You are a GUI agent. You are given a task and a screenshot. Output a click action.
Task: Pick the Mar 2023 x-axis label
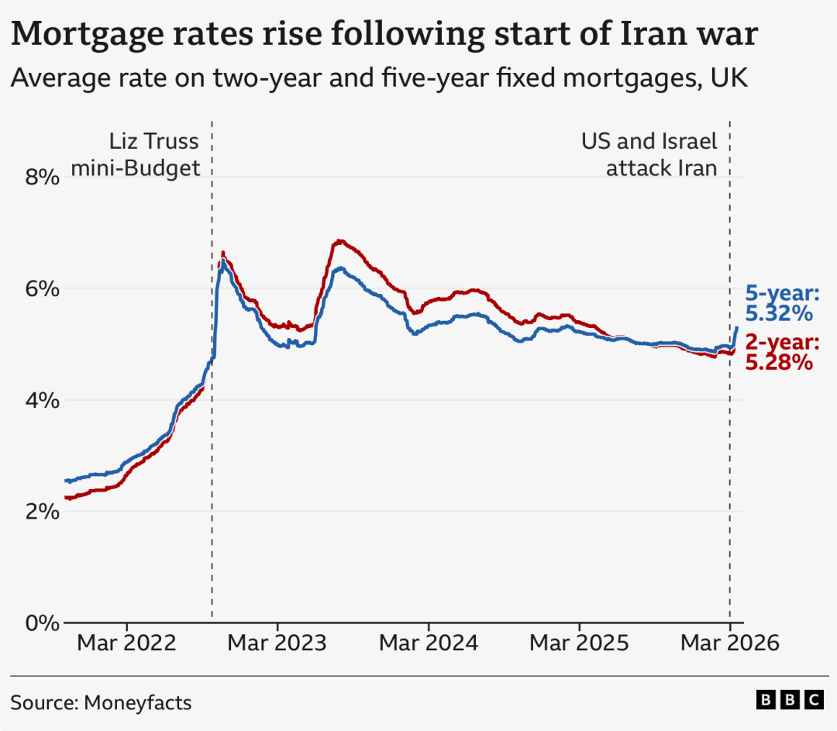[x=277, y=643]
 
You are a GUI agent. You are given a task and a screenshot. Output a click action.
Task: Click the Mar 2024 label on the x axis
[x=429, y=643]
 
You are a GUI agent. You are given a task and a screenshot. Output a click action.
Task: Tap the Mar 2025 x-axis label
[x=579, y=643]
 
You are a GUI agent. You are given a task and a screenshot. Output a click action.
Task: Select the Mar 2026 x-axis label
[x=729, y=643]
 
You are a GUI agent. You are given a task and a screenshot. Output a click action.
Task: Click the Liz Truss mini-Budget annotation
[x=136, y=155]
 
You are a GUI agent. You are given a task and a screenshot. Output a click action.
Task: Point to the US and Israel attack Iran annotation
[x=649, y=155]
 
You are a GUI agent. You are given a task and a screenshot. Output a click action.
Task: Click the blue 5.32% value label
[x=778, y=314]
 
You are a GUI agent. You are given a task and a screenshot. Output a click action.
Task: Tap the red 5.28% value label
[x=778, y=362]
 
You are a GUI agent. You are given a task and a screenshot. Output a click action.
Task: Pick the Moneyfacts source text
[x=137, y=703]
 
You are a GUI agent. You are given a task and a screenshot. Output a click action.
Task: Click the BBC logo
[x=790, y=700]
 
